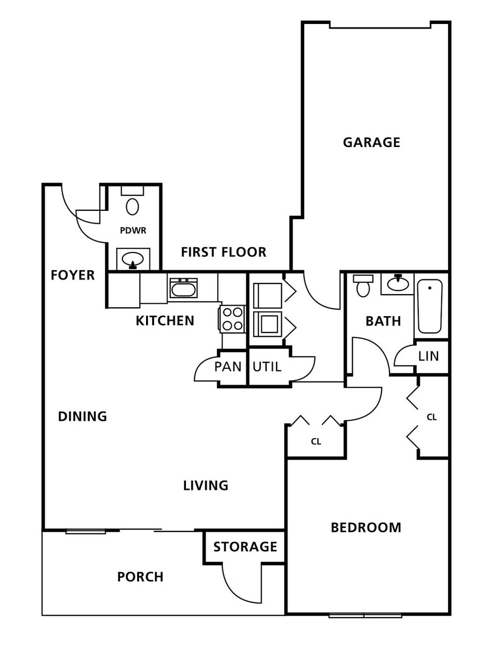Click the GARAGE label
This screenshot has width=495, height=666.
371,143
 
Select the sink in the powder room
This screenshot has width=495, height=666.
133,259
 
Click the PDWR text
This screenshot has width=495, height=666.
133,231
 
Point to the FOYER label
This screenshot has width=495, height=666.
73,275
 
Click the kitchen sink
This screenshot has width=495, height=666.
183,288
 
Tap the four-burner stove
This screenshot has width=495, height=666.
233,319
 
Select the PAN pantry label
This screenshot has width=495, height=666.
228,366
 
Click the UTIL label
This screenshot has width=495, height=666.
267,366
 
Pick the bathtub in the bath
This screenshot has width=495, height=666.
430,306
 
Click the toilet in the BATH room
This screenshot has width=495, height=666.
363,286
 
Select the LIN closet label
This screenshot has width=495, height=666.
429,356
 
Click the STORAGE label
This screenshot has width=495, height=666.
245,547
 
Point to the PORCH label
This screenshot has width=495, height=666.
140,577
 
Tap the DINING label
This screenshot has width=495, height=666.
82,416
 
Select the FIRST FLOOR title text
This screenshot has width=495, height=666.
224,252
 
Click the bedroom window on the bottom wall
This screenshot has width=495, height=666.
365,615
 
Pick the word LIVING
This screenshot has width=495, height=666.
206,486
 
